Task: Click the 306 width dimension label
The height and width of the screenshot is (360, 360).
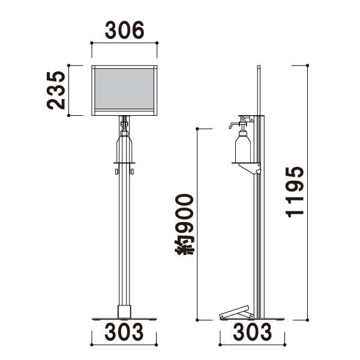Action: (125, 30)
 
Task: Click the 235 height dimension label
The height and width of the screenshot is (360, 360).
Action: (56, 90)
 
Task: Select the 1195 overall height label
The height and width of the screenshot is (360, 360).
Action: (295, 192)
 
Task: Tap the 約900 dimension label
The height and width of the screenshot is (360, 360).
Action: (184, 224)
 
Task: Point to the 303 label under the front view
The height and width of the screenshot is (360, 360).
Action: (124, 332)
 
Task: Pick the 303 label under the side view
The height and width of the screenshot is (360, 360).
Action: (253, 332)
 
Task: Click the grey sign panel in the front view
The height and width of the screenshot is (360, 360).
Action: (124, 89)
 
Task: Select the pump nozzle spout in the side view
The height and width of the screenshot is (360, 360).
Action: (233, 125)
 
